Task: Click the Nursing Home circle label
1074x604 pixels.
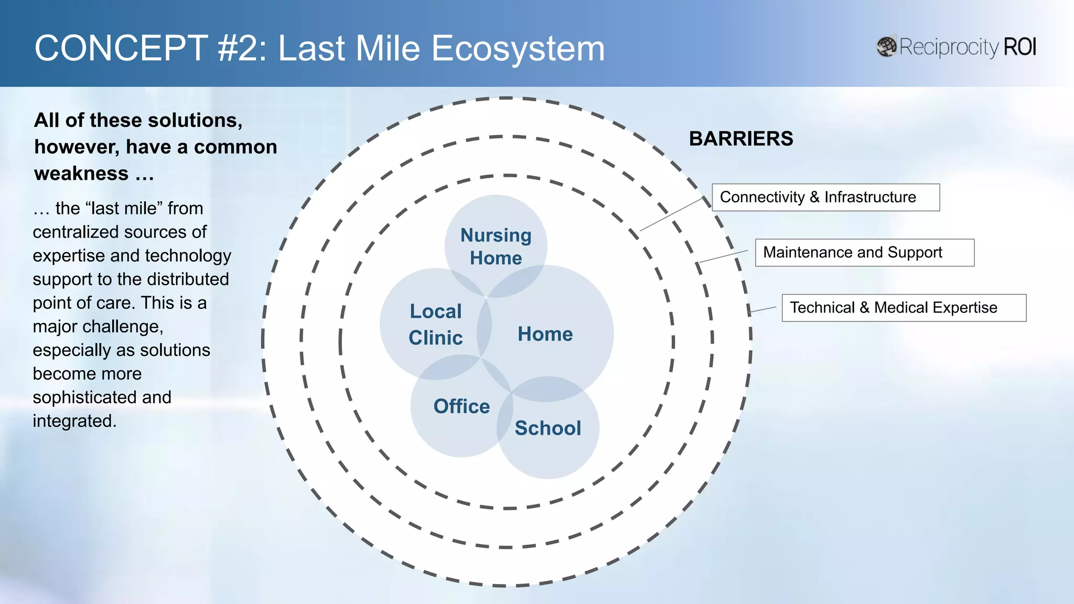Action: pyautogui.click(x=496, y=246)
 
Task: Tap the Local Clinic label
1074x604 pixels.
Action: pyautogui.click(x=435, y=324)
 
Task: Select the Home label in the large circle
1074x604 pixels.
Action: pyautogui.click(x=545, y=334)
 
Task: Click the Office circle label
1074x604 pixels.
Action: pyautogui.click(x=461, y=406)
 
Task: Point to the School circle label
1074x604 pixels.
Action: pyautogui.click(x=547, y=428)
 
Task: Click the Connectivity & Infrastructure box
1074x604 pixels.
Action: pyautogui.click(x=825, y=197)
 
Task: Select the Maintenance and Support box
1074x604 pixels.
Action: pyautogui.click(x=864, y=253)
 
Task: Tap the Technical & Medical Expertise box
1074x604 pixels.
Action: pyautogui.click(x=903, y=308)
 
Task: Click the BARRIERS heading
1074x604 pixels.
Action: pyautogui.click(x=740, y=138)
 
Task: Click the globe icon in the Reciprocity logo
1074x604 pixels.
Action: pyautogui.click(x=886, y=47)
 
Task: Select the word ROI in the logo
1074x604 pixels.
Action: pyautogui.click(x=1019, y=47)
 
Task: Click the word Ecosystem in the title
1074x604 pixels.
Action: pyautogui.click(x=518, y=49)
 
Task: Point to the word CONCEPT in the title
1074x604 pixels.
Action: pyautogui.click(x=121, y=48)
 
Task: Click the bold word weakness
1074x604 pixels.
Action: pyautogui.click(x=81, y=174)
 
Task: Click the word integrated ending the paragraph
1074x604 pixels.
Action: pyautogui.click(x=74, y=421)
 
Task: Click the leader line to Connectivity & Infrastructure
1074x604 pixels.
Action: pyautogui.click(x=671, y=214)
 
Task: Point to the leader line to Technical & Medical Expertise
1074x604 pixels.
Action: pyautogui.click(x=761, y=310)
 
